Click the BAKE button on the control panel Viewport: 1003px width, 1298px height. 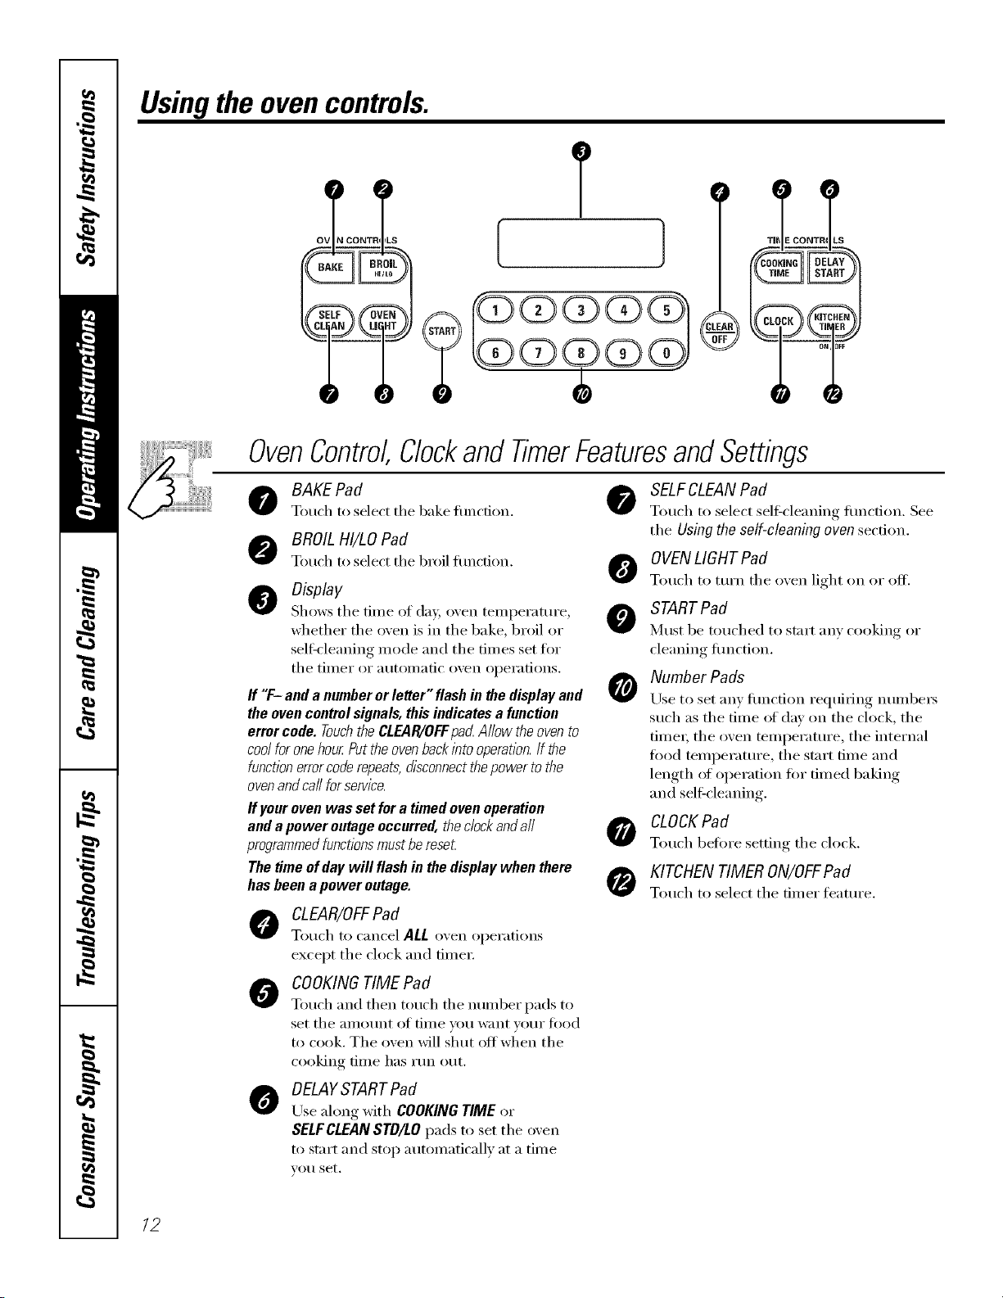coord(330,267)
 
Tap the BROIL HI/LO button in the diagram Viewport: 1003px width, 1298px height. coord(382,267)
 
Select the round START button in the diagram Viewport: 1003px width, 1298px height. coord(442,331)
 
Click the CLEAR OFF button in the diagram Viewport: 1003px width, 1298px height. coord(719,331)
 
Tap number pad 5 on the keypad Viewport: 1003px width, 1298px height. coord(666,310)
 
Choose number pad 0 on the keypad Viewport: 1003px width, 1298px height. coord(666,352)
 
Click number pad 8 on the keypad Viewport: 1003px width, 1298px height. coord(581,352)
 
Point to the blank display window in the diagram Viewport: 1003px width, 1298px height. coord(581,242)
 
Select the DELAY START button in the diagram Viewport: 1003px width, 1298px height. coord(830,268)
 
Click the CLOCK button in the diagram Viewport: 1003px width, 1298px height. coord(779,321)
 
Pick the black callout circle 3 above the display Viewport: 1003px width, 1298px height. coord(581,152)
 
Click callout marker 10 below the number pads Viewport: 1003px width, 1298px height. coord(581,394)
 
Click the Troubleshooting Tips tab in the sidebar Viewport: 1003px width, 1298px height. coord(88,889)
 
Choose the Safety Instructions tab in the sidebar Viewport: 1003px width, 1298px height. coord(88,178)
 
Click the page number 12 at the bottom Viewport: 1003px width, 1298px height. coord(151,1224)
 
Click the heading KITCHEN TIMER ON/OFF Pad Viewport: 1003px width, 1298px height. coord(750,871)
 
